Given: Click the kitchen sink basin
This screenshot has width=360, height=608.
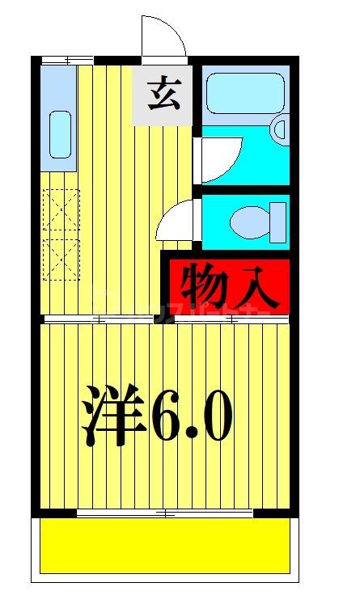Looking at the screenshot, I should pyautogui.click(x=60, y=134).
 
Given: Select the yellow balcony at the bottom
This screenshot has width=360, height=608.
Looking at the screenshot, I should pyautogui.click(x=165, y=545).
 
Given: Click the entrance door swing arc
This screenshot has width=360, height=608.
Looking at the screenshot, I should pyautogui.click(x=164, y=36).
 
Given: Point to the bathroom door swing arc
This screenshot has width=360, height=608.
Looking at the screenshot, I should pyautogui.click(x=221, y=158).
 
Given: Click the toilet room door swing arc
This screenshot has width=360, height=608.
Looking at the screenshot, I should pyautogui.click(x=177, y=219).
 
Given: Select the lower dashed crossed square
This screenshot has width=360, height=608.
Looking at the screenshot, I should pyautogui.click(x=61, y=257).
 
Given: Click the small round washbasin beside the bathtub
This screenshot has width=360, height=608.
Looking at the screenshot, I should pyautogui.click(x=279, y=129).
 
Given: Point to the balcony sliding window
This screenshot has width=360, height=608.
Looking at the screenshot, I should pyautogui.click(x=165, y=513).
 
